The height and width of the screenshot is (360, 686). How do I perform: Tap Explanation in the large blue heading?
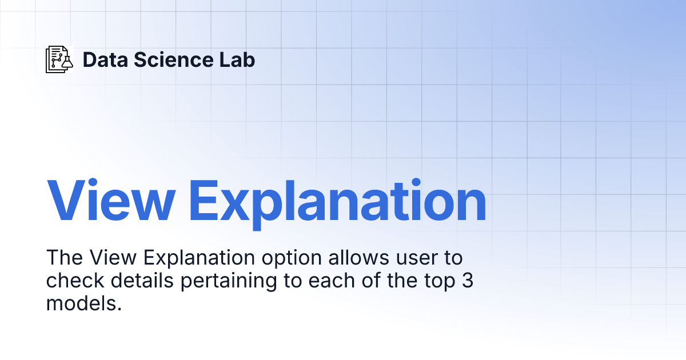coord(337,202)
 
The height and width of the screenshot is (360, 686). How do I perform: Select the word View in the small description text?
coord(113,258)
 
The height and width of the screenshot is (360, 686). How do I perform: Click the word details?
coord(133,281)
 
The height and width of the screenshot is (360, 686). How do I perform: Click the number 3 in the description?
coord(467,281)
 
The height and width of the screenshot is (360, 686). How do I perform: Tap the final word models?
coord(84,304)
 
